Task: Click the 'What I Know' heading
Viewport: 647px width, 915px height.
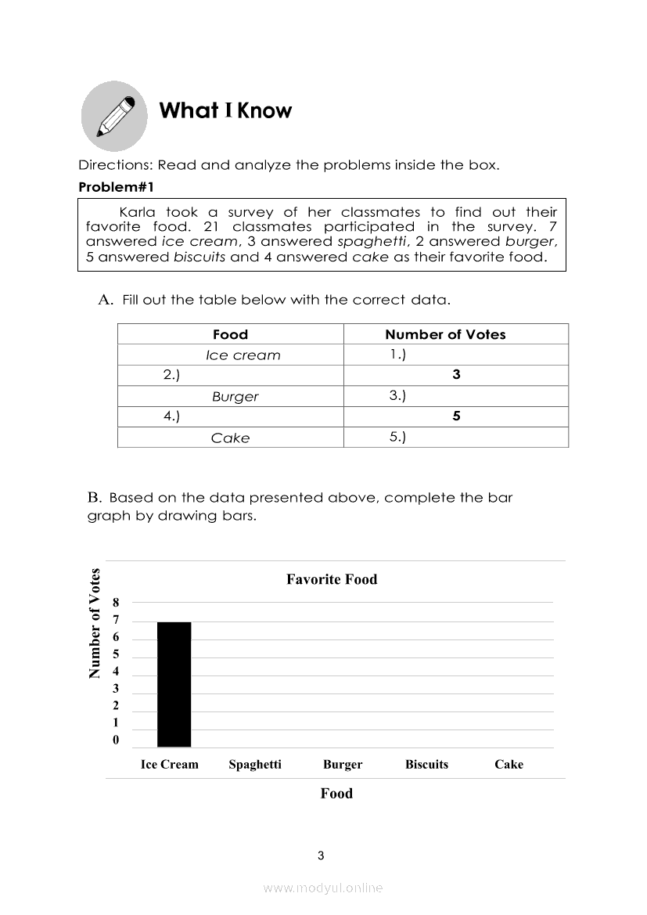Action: coord(225,110)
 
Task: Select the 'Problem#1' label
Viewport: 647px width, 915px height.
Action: coord(117,188)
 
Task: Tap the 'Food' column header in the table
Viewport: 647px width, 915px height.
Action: coord(230,334)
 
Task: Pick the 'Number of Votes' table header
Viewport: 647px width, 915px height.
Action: coord(445,334)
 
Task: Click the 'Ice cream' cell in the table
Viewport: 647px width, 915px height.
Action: coord(243,355)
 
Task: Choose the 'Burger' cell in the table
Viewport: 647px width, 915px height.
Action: coord(235,396)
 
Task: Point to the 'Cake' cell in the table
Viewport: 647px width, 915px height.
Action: coord(230,438)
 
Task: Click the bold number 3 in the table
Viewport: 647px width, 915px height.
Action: coord(456,375)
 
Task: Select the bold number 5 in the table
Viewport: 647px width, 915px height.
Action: coord(456,416)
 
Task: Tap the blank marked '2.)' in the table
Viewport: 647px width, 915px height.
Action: coord(171,375)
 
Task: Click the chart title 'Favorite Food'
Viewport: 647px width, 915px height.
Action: coord(332,579)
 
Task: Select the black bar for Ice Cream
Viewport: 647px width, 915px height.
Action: coord(174,684)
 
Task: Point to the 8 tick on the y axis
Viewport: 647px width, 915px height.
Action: coord(116,603)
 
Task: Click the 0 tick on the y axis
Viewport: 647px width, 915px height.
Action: coord(116,740)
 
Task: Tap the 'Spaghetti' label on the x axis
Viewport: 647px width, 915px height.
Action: coord(255,765)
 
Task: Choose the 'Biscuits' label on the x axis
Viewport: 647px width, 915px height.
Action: coord(426,765)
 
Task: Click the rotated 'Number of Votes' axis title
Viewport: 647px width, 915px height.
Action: coord(95,623)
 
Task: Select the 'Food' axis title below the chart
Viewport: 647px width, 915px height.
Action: coord(336,793)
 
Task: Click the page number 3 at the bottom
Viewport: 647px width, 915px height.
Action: coord(321,856)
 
